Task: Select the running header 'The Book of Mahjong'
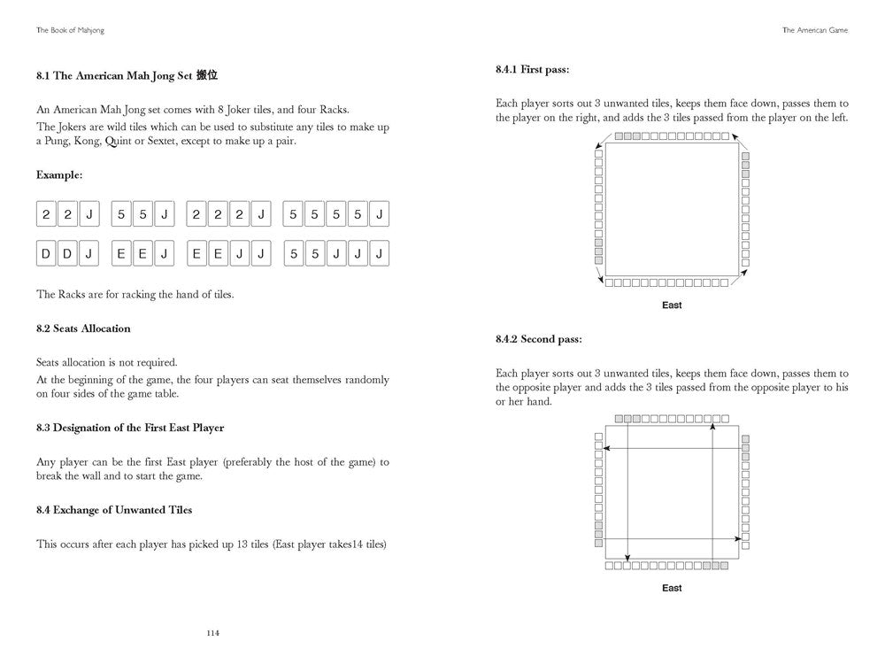tap(70, 29)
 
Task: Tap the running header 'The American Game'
tap(815, 29)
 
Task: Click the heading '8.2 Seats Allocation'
tap(83, 328)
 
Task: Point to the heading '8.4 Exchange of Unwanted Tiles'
tap(113, 510)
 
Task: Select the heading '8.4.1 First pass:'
tap(532, 69)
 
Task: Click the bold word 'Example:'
tap(58, 175)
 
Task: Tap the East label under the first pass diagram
tap(672, 305)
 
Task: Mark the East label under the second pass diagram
tap(672, 588)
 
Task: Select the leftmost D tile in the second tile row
tap(46, 255)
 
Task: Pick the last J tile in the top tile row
tap(380, 214)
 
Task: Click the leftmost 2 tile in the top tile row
tap(46, 214)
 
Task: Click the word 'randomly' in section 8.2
tap(366, 380)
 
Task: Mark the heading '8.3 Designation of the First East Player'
tap(130, 428)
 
